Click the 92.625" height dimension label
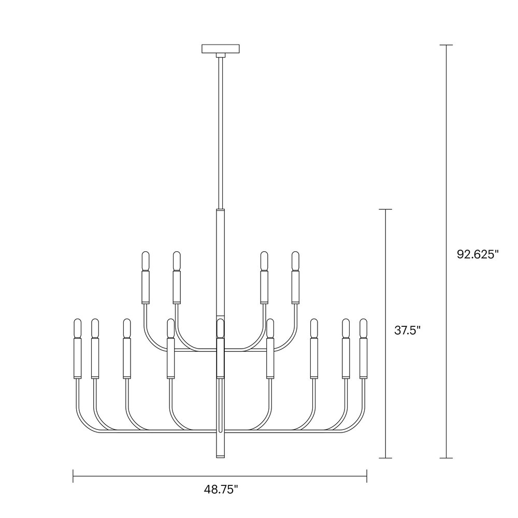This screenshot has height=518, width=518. (x=478, y=254)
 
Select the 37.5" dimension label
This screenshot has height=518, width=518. (x=407, y=330)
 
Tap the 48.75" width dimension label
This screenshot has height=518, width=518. (x=221, y=490)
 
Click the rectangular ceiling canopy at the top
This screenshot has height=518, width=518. (x=221, y=49)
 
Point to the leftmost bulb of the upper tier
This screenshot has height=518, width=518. (x=146, y=261)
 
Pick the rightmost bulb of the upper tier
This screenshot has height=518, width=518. (x=295, y=261)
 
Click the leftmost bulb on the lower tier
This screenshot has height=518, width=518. (x=77, y=328)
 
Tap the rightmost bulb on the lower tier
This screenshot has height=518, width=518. (x=364, y=328)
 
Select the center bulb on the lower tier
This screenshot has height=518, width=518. (x=220, y=328)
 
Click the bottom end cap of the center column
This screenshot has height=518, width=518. (x=220, y=456)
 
